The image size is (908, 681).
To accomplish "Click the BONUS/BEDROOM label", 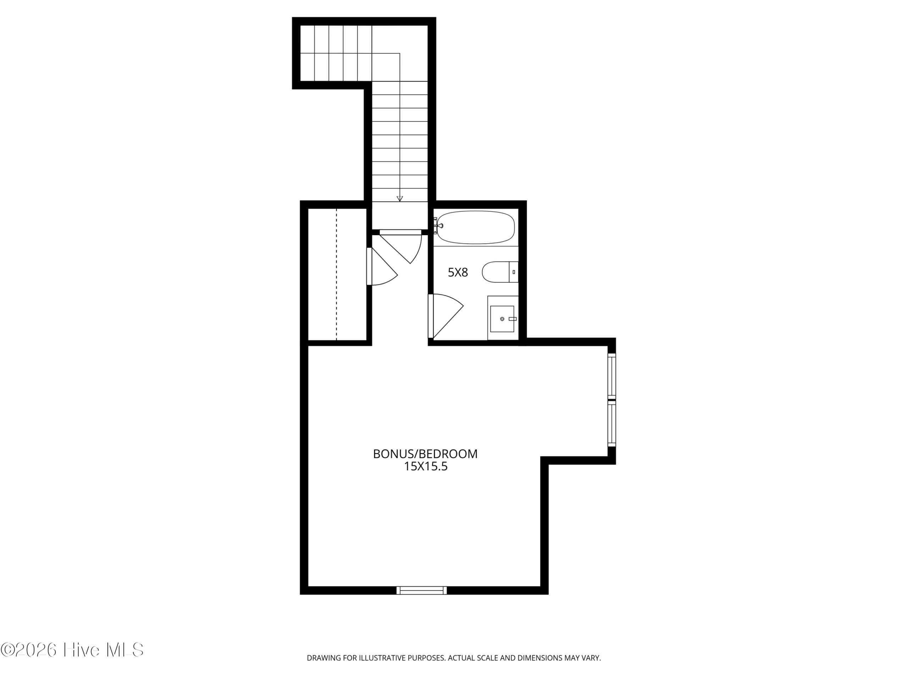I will click(425, 454).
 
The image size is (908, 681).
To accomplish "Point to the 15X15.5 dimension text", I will click(426, 466).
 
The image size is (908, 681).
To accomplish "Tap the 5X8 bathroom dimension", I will click(458, 272).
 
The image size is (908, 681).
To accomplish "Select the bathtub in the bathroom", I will click(475, 227).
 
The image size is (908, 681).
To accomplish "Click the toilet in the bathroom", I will click(496, 272).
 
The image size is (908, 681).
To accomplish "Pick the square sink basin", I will click(502, 319).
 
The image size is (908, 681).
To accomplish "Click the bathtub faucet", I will click(439, 225).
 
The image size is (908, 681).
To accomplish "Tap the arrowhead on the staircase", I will click(400, 199).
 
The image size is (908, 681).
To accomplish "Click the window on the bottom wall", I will click(422, 590).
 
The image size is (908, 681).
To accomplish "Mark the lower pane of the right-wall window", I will click(611, 425).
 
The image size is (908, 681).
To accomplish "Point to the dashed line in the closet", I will click(337, 274).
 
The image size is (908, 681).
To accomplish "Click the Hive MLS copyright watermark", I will click(72, 650).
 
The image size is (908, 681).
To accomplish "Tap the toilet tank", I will click(514, 272).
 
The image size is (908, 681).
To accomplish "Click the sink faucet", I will click(512, 319).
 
